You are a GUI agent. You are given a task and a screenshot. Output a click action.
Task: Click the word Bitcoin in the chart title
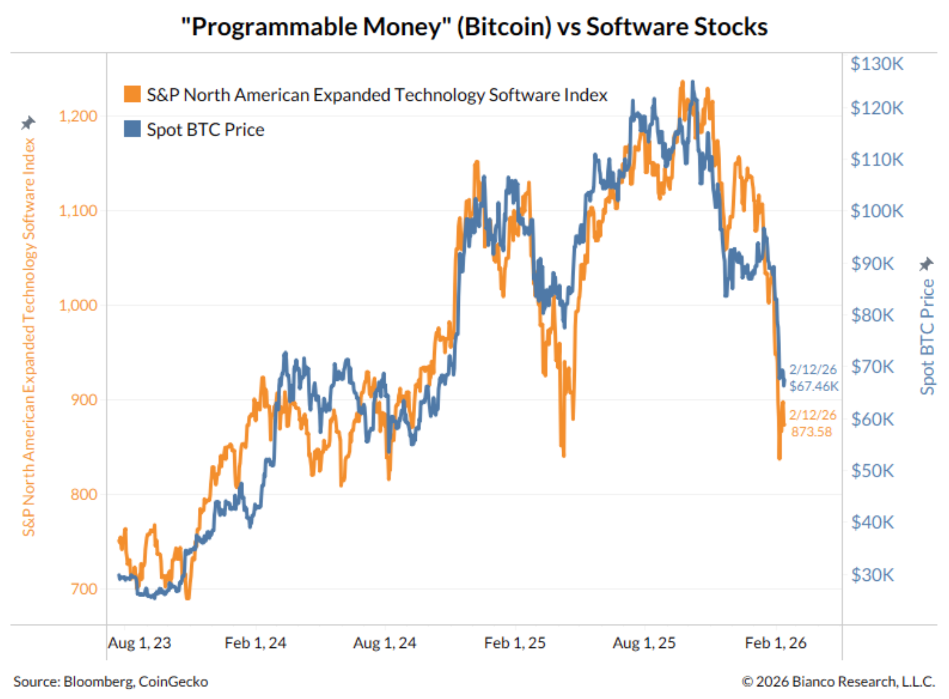504,27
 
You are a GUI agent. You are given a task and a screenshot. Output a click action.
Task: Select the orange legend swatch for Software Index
132,94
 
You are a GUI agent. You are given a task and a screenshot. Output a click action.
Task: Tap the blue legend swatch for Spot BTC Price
132,129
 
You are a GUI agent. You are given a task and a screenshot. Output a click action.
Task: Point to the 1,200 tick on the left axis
78,116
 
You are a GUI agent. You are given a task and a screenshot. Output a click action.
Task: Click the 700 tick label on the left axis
84,589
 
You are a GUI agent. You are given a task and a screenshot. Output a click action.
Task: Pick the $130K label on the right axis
876,64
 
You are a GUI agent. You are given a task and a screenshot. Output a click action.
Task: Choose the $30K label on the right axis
872,575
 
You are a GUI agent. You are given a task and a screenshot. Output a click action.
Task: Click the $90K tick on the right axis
872,263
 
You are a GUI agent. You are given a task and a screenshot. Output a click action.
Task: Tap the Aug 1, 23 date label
139,642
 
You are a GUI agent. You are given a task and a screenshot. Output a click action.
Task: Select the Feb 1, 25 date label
515,642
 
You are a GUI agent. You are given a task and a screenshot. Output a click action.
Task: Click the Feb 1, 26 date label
776,642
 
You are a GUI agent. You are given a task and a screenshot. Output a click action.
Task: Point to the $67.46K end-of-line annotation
813,386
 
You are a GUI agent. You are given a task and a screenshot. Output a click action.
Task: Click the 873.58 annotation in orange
811,432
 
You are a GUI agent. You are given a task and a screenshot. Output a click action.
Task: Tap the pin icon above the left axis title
28,123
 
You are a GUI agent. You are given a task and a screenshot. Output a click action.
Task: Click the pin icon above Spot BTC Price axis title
926,263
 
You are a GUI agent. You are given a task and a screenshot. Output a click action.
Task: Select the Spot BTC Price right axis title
927,337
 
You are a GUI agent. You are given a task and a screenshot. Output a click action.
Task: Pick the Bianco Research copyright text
839,681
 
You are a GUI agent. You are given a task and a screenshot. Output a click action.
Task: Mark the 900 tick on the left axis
84,399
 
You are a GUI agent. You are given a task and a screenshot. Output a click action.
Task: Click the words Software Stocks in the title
677,27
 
